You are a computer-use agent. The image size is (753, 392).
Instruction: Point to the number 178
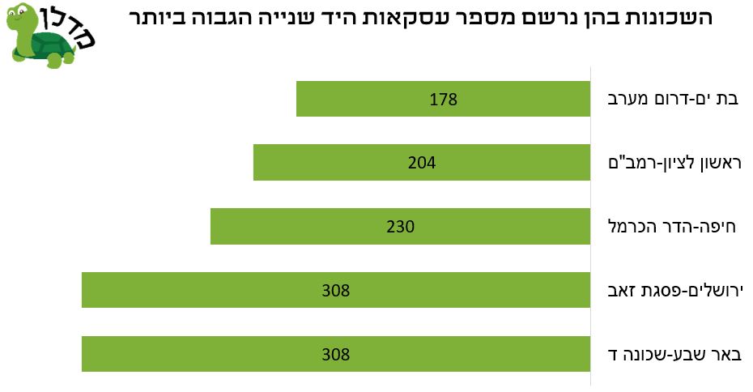(x=443, y=100)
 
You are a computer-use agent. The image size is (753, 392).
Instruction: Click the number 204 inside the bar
(x=422, y=163)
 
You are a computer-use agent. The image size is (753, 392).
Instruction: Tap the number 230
(x=400, y=227)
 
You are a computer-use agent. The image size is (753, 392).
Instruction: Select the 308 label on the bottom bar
(x=335, y=354)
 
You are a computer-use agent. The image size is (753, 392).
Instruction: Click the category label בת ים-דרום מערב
(x=673, y=100)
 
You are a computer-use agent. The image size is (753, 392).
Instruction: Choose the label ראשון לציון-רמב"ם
(x=674, y=163)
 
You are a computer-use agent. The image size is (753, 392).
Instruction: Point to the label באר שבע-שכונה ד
(x=674, y=354)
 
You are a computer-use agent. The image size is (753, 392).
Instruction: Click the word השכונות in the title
(x=661, y=17)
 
